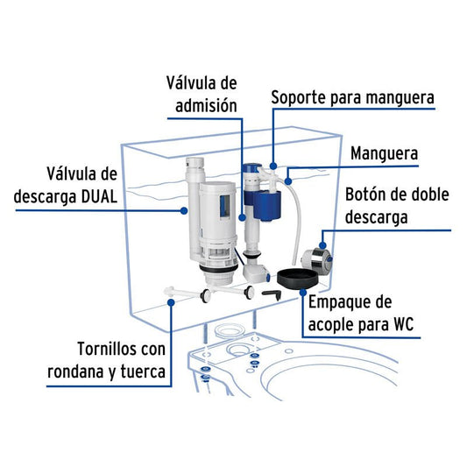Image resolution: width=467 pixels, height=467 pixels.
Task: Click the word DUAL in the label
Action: pyautogui.click(x=100, y=197)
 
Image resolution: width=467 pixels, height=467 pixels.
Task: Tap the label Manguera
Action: pyautogui.click(x=385, y=153)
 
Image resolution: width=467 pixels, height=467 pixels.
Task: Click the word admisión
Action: pyautogui.click(x=206, y=105)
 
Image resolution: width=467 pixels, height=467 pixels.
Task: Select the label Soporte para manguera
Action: pyautogui.click(x=352, y=98)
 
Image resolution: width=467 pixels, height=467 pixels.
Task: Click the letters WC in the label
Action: pyautogui.click(x=404, y=324)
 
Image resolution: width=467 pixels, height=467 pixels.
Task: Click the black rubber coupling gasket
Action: pyautogui.click(x=299, y=279)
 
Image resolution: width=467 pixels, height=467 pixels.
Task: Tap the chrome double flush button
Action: pyautogui.click(x=316, y=259)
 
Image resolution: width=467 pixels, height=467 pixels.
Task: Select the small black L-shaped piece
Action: pyautogui.click(x=272, y=295)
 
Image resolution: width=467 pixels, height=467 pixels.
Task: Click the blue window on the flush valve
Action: pyautogui.click(x=225, y=206)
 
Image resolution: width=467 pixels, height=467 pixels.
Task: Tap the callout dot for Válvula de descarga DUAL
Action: pyautogui.click(x=184, y=211)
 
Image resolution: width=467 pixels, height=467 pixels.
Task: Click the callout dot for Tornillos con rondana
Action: pyautogui.click(x=171, y=302)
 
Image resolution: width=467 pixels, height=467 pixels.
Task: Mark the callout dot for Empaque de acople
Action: pyautogui.click(x=303, y=293)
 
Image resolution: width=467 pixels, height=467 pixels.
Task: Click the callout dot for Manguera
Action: pyautogui.click(x=287, y=180)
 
